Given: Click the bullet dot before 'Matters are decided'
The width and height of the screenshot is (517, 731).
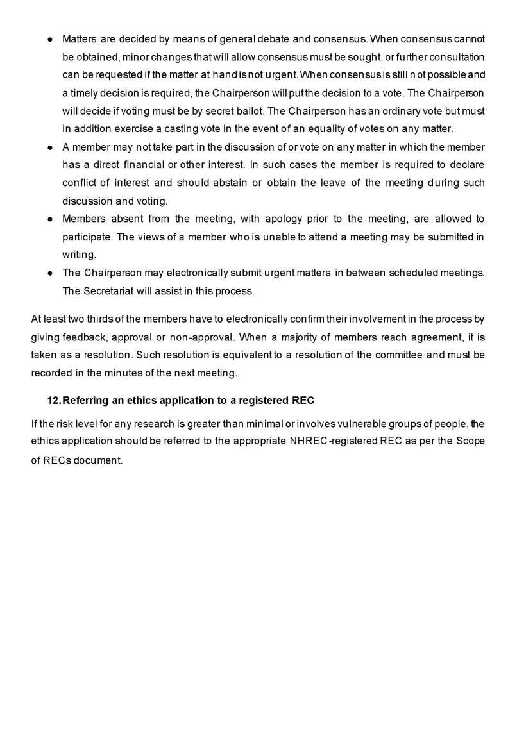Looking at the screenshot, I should (x=50, y=40).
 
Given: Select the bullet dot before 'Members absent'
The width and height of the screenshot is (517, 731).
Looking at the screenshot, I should (x=50, y=219).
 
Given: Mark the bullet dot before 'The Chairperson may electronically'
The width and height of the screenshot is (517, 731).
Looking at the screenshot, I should (x=50, y=273).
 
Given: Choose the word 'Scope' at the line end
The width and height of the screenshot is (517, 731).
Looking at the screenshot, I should (x=471, y=442).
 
